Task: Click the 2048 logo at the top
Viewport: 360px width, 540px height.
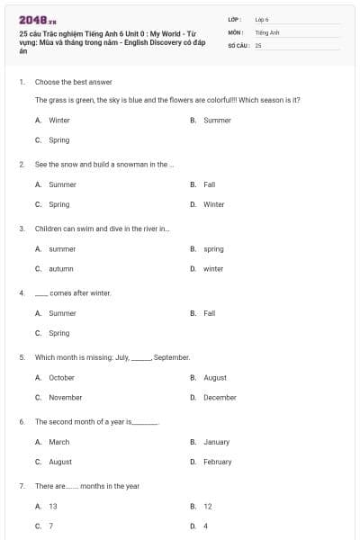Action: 37,19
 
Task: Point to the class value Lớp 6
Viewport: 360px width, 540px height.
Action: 262,18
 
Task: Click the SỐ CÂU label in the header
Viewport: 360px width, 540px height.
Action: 238,44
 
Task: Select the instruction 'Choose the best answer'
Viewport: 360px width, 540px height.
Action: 73,82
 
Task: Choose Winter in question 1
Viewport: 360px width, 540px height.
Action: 58,120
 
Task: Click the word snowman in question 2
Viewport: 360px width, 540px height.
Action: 127,165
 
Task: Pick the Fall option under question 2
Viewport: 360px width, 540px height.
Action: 209,184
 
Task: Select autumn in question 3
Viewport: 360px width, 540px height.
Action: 60,268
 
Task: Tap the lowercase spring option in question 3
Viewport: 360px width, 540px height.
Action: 213,248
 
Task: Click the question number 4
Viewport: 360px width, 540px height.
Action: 21,293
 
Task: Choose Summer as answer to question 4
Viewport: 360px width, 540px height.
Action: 62,313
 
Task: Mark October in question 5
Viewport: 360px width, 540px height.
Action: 61,378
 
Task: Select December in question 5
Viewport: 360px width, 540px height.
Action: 220,397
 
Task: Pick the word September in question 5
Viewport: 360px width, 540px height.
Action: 171,357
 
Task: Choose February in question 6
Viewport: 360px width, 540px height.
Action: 217,462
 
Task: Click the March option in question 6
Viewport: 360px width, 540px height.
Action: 59,442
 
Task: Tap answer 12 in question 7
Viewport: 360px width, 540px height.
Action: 207,507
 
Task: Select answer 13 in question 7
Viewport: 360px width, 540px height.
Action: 53,507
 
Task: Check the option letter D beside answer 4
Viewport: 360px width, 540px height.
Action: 193,526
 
